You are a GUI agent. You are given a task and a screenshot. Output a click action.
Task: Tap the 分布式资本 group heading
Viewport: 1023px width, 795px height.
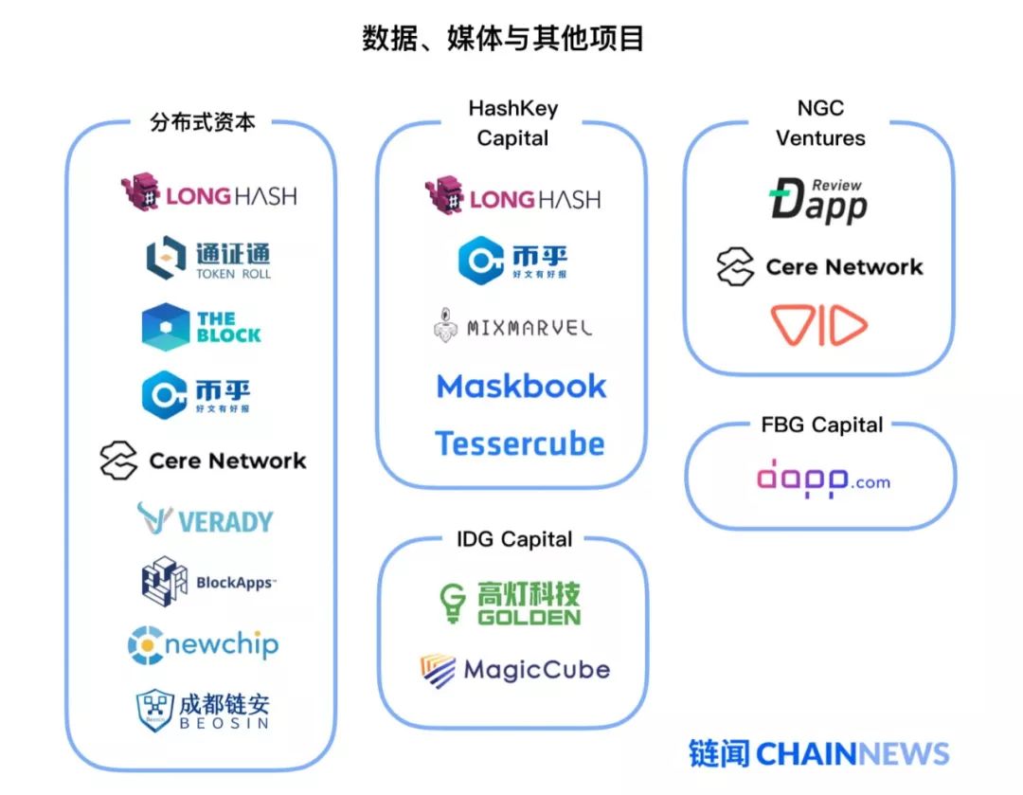pyautogui.click(x=202, y=122)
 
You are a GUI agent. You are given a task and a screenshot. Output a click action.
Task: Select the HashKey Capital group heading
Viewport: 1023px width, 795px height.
pyautogui.click(x=512, y=123)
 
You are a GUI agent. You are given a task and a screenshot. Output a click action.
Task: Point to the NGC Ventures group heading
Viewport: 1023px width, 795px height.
pyautogui.click(x=820, y=123)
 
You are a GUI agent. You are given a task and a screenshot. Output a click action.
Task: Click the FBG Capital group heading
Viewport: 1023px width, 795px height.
pyautogui.click(x=821, y=425)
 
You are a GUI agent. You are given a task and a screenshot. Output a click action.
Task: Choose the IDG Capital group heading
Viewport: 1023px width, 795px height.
pyautogui.click(x=513, y=539)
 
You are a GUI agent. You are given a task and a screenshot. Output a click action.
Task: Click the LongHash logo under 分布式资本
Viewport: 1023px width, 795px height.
pyautogui.click(x=208, y=194)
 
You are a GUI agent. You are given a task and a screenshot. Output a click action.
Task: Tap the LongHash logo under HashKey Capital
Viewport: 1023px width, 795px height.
pyautogui.click(x=512, y=197)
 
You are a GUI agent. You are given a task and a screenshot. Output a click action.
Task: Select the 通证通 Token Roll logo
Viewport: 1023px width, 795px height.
pyautogui.click(x=208, y=259)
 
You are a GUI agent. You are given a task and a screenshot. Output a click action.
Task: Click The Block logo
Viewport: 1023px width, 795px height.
pyautogui.click(x=201, y=327)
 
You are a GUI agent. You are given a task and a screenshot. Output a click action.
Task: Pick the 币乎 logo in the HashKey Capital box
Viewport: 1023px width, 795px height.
pyautogui.click(x=512, y=261)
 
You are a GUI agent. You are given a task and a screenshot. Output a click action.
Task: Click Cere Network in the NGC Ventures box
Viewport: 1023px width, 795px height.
pyautogui.click(x=819, y=267)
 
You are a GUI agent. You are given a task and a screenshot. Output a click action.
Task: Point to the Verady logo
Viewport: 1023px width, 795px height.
pyautogui.click(x=204, y=520)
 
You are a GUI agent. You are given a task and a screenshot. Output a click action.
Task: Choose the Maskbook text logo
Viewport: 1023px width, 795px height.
pyautogui.click(x=521, y=386)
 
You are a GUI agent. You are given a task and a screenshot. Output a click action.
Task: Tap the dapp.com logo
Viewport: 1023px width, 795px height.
pyautogui.click(x=823, y=480)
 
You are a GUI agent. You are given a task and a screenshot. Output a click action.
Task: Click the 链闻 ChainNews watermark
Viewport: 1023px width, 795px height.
pyautogui.click(x=818, y=753)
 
